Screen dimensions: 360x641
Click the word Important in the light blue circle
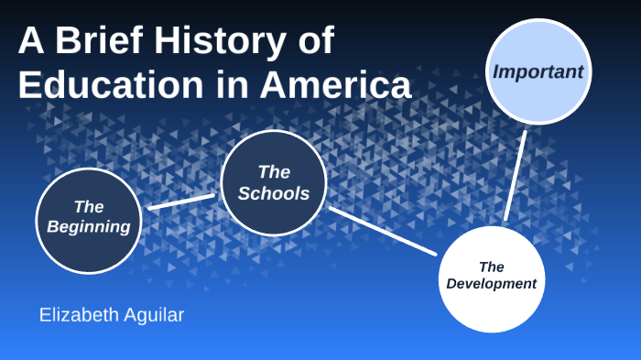coord(538,71)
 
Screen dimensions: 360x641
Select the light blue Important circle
coord(538,96)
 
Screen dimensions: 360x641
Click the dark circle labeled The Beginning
coord(89,238)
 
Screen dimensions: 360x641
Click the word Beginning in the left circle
coord(89,226)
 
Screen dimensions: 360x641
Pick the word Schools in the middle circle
coord(274,193)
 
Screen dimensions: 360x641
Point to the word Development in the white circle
coord(492,284)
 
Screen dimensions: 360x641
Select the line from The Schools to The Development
coord(383,231)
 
